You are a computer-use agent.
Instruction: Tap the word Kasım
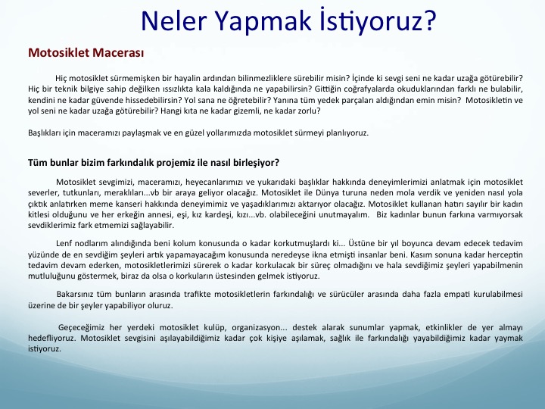[x=422, y=254]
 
